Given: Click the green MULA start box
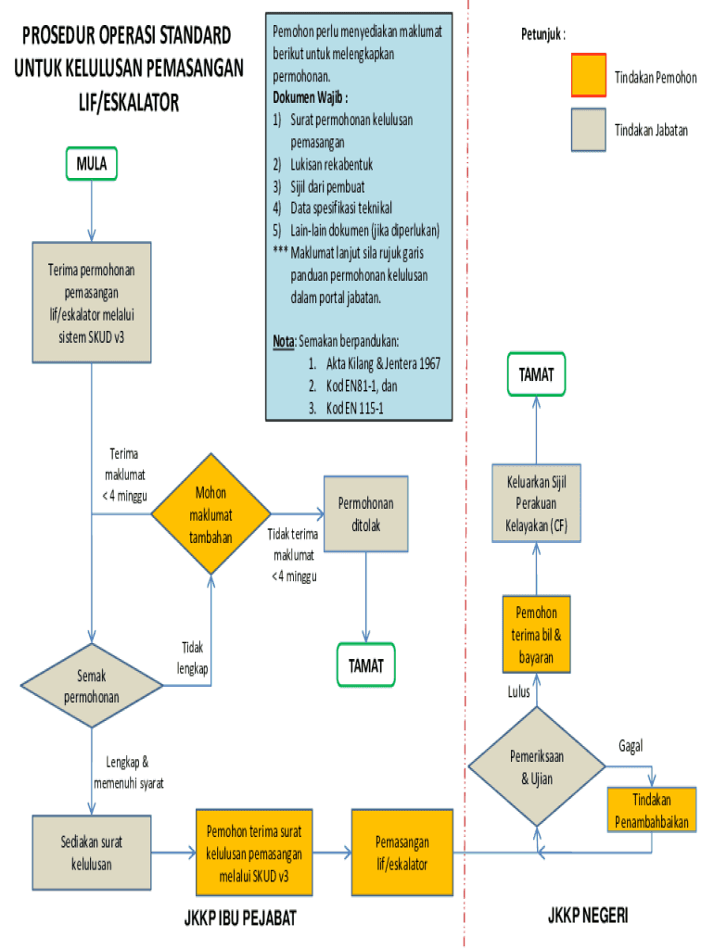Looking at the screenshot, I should (91, 164).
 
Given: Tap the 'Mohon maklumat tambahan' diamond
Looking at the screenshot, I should (211, 513).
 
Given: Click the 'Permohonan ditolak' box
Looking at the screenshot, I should (366, 514).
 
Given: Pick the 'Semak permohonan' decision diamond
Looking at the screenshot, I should (91, 686).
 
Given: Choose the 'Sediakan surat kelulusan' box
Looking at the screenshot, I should (91, 853).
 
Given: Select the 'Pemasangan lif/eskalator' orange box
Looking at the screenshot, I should (402, 853).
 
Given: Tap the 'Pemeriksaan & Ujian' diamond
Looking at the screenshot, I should (537, 767).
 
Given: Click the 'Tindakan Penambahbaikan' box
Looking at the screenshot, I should (652, 809).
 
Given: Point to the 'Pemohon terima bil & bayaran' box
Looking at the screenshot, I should (537, 635).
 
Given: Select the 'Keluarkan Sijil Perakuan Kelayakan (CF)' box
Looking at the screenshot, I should (537, 505).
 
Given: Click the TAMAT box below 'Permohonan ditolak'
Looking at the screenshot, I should (366, 665).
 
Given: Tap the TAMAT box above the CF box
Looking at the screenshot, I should (537, 373).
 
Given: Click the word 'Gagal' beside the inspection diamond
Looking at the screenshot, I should (631, 745).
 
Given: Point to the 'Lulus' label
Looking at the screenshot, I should (519, 691).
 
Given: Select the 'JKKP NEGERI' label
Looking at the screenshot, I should (587, 916).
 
